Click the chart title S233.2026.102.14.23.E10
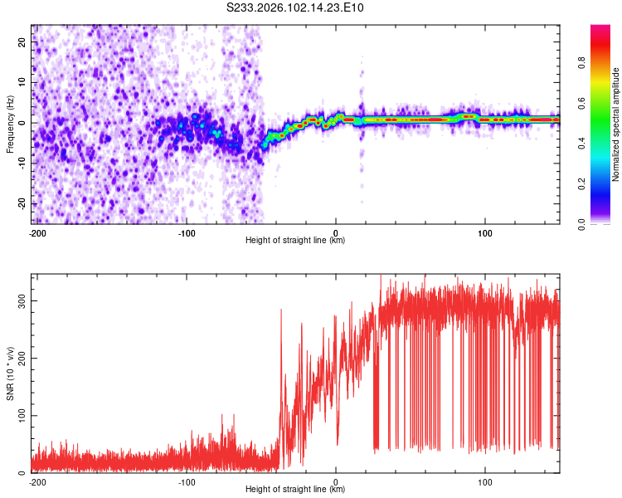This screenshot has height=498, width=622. (x=295, y=8)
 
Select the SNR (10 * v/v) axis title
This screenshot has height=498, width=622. (x=10, y=373)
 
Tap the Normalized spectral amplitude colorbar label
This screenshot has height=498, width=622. (x=615, y=124)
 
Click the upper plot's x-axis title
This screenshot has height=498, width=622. (x=295, y=240)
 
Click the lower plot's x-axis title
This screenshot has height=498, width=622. (x=295, y=489)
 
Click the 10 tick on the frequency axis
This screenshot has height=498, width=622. (x=22, y=83)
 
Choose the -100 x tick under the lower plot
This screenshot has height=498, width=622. (x=186, y=482)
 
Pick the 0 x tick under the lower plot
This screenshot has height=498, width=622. (x=336, y=482)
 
